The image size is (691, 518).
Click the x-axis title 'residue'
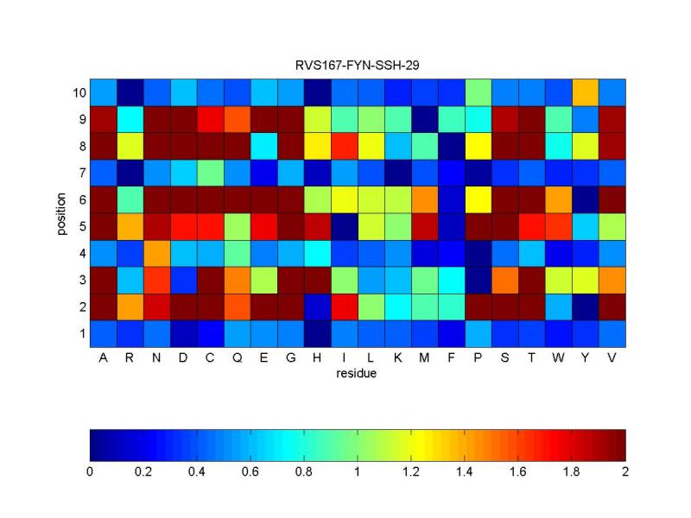(x=358, y=374)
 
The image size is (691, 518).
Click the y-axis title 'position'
(x=60, y=212)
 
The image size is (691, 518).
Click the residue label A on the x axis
(x=104, y=358)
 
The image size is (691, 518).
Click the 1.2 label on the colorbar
(x=411, y=473)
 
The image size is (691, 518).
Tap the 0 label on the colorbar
(x=90, y=473)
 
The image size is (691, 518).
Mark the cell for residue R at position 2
(x=130, y=306)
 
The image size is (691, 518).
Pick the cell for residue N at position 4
(x=157, y=253)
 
